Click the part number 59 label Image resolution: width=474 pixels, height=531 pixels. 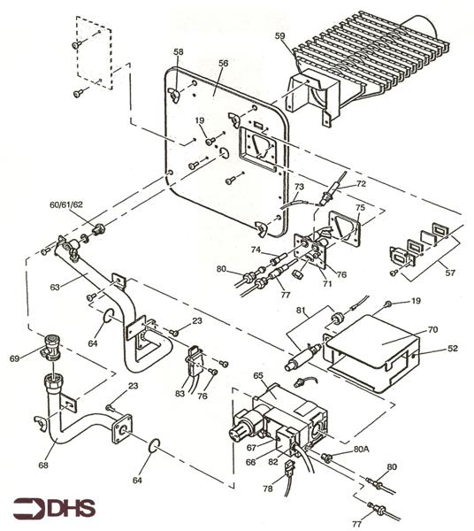coord(279,36)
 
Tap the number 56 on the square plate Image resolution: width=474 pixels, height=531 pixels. coord(223,64)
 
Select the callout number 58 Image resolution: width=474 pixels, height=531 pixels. coord(179,53)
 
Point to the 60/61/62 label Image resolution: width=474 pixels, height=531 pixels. coord(66,204)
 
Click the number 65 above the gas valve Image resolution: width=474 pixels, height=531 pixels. coord(258,376)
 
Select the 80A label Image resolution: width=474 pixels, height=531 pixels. coord(361,449)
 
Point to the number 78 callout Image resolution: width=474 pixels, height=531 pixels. coord(268,489)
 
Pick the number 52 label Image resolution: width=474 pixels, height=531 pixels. coord(452,349)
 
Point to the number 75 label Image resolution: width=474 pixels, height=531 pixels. coord(359,209)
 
